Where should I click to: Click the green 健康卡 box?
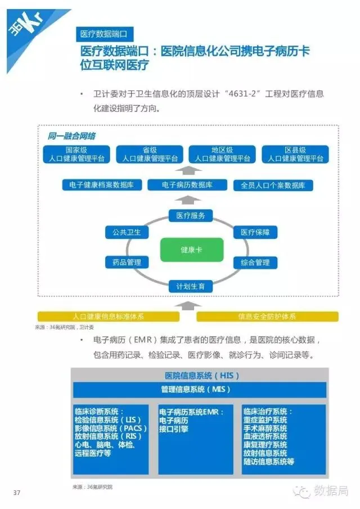click(x=191, y=249)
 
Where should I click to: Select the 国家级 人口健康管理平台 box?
click(x=76, y=155)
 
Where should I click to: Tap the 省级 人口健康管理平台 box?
click(x=150, y=155)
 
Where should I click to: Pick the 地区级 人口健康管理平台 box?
click(x=222, y=155)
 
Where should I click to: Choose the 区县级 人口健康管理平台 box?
click(x=295, y=155)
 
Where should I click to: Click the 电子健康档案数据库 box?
click(x=101, y=184)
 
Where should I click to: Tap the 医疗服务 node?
click(x=191, y=215)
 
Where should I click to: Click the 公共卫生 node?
click(x=127, y=232)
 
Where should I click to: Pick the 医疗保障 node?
click(x=255, y=232)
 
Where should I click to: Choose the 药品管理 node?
click(x=127, y=262)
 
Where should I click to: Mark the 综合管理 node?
click(x=255, y=262)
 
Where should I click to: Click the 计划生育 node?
click(x=191, y=286)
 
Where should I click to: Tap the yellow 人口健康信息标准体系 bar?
click(x=108, y=316)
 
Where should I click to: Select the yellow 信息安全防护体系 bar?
click(x=267, y=316)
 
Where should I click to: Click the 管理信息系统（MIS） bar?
click(x=200, y=389)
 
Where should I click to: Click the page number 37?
click(x=16, y=493)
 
